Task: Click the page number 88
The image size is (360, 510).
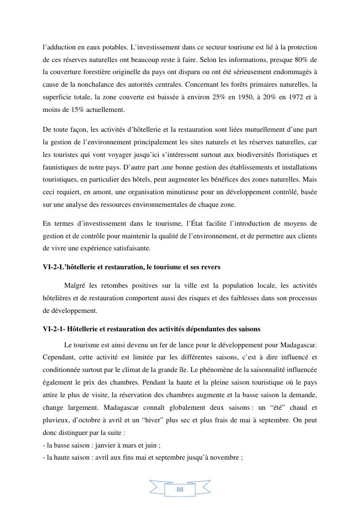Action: (180, 490)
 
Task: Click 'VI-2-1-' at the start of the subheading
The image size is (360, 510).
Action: (54, 329)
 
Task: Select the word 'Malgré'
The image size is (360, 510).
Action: (75, 285)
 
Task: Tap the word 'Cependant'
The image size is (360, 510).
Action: (59, 357)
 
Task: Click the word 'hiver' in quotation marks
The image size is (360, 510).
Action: (177, 420)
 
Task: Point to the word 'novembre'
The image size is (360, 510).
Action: (226, 457)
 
